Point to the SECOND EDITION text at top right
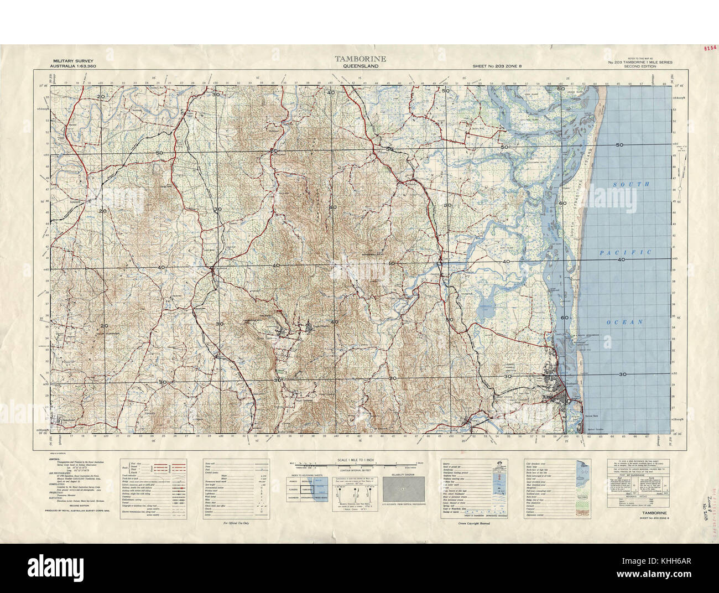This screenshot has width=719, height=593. point(640,66)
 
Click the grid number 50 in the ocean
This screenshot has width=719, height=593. point(619,145)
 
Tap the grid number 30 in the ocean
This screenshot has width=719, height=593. point(623,374)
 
